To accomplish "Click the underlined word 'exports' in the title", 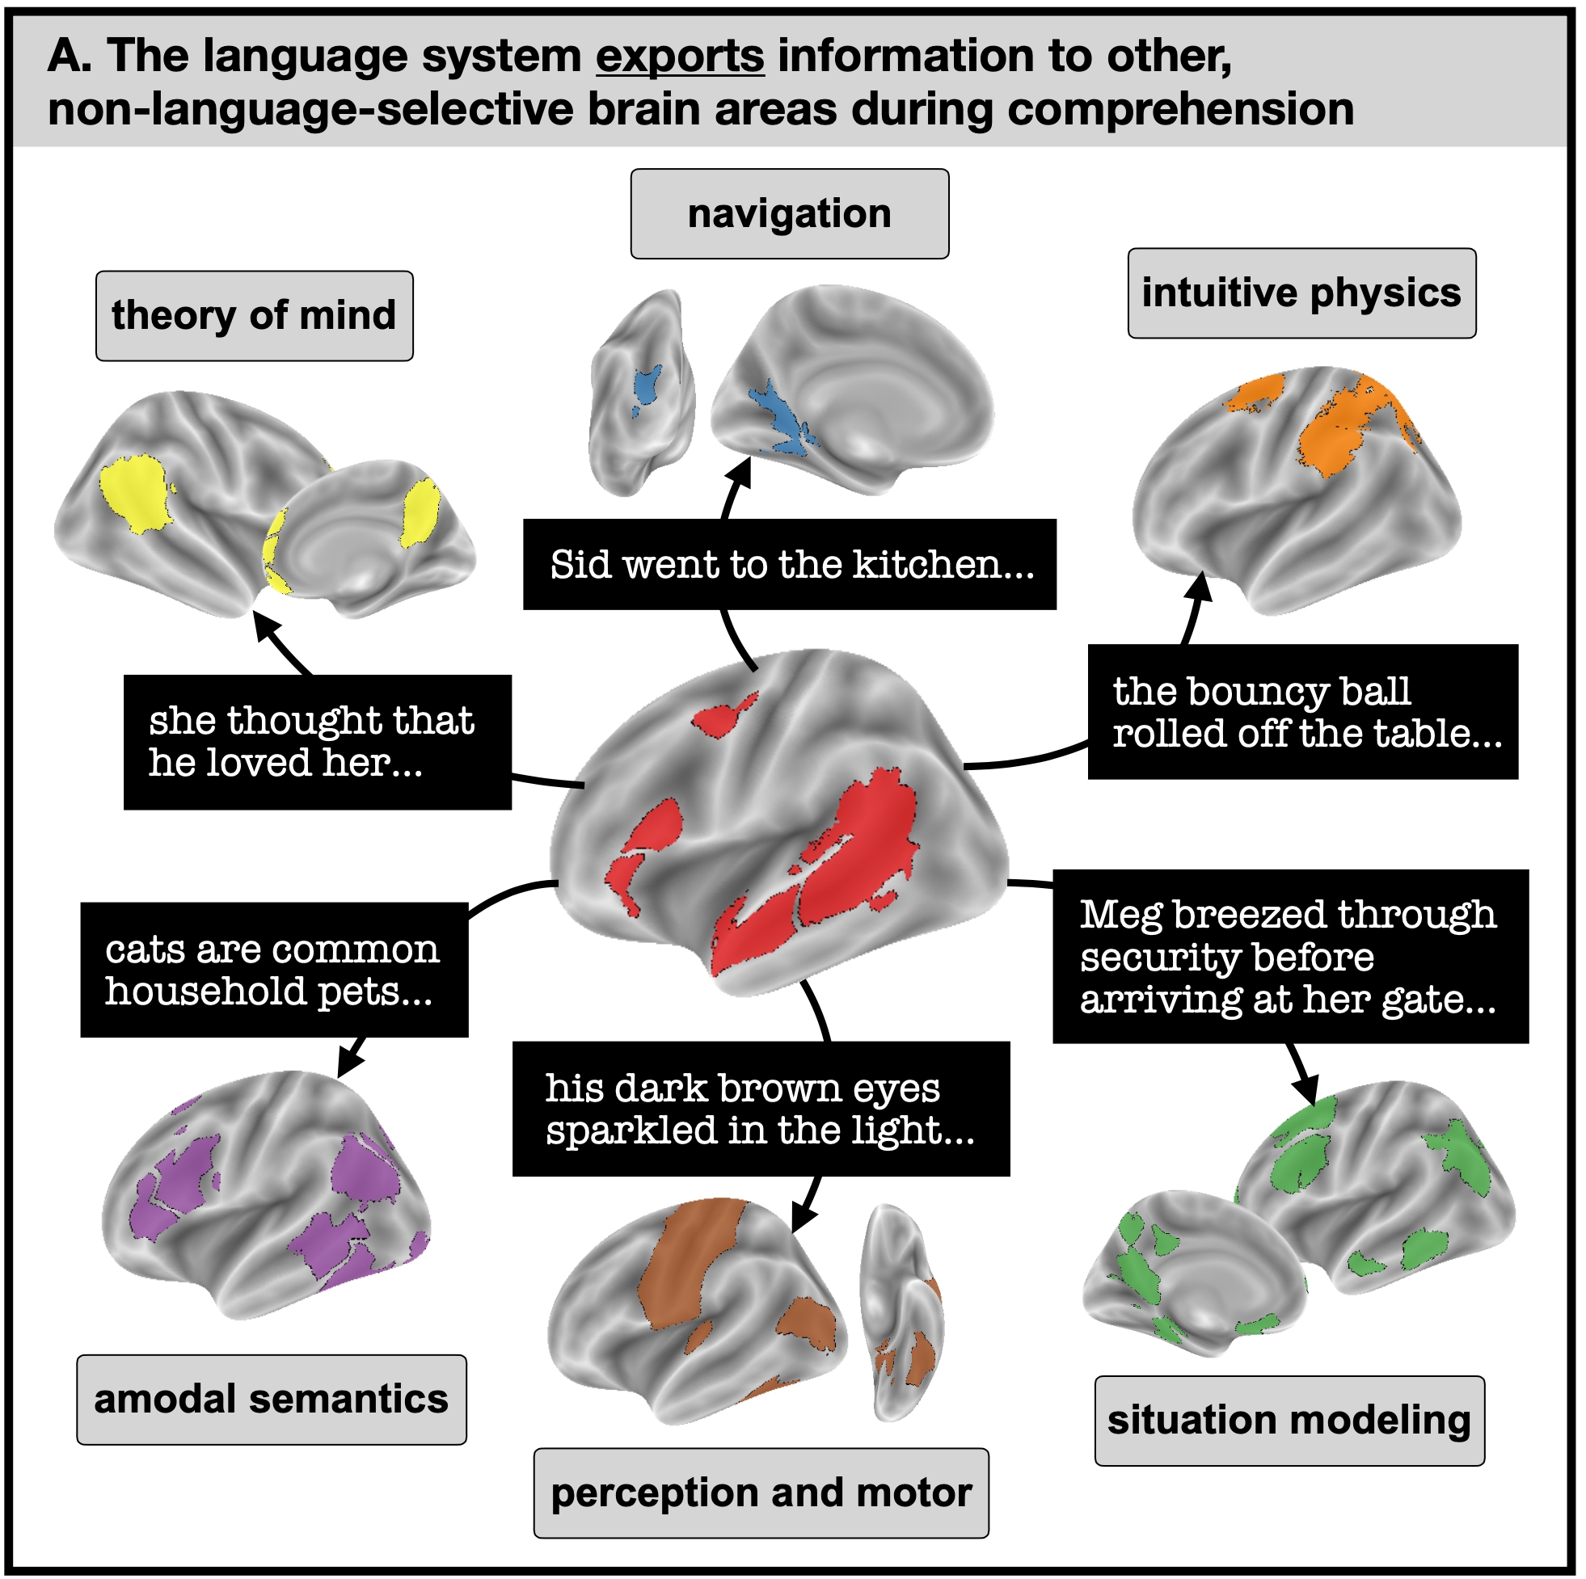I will pyautogui.click(x=681, y=56).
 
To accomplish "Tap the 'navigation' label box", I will pyautogui.click(x=790, y=214).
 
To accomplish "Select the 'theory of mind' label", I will pyautogui.click(x=255, y=316).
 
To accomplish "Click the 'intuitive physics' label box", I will pyautogui.click(x=1301, y=293).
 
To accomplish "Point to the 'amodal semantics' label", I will pyautogui.click(x=272, y=1400).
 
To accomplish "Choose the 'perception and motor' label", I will pyautogui.click(x=761, y=1493).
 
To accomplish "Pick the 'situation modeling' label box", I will pyautogui.click(x=1289, y=1421).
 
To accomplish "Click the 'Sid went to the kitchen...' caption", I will pyautogui.click(x=790, y=565).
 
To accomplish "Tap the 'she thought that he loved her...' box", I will pyautogui.click(x=318, y=742).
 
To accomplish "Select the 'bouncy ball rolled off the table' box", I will pyautogui.click(x=1303, y=712).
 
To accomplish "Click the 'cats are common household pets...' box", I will pyautogui.click(x=274, y=969).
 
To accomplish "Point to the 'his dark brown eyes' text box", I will pyautogui.click(x=761, y=1109).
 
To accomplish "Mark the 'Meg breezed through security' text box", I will pyautogui.click(x=1290, y=956).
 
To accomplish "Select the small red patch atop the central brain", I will pyautogui.click(x=724, y=714).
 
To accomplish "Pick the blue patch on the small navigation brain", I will pyautogui.click(x=647, y=384).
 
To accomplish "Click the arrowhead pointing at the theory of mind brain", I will pyautogui.click(x=265, y=624).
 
